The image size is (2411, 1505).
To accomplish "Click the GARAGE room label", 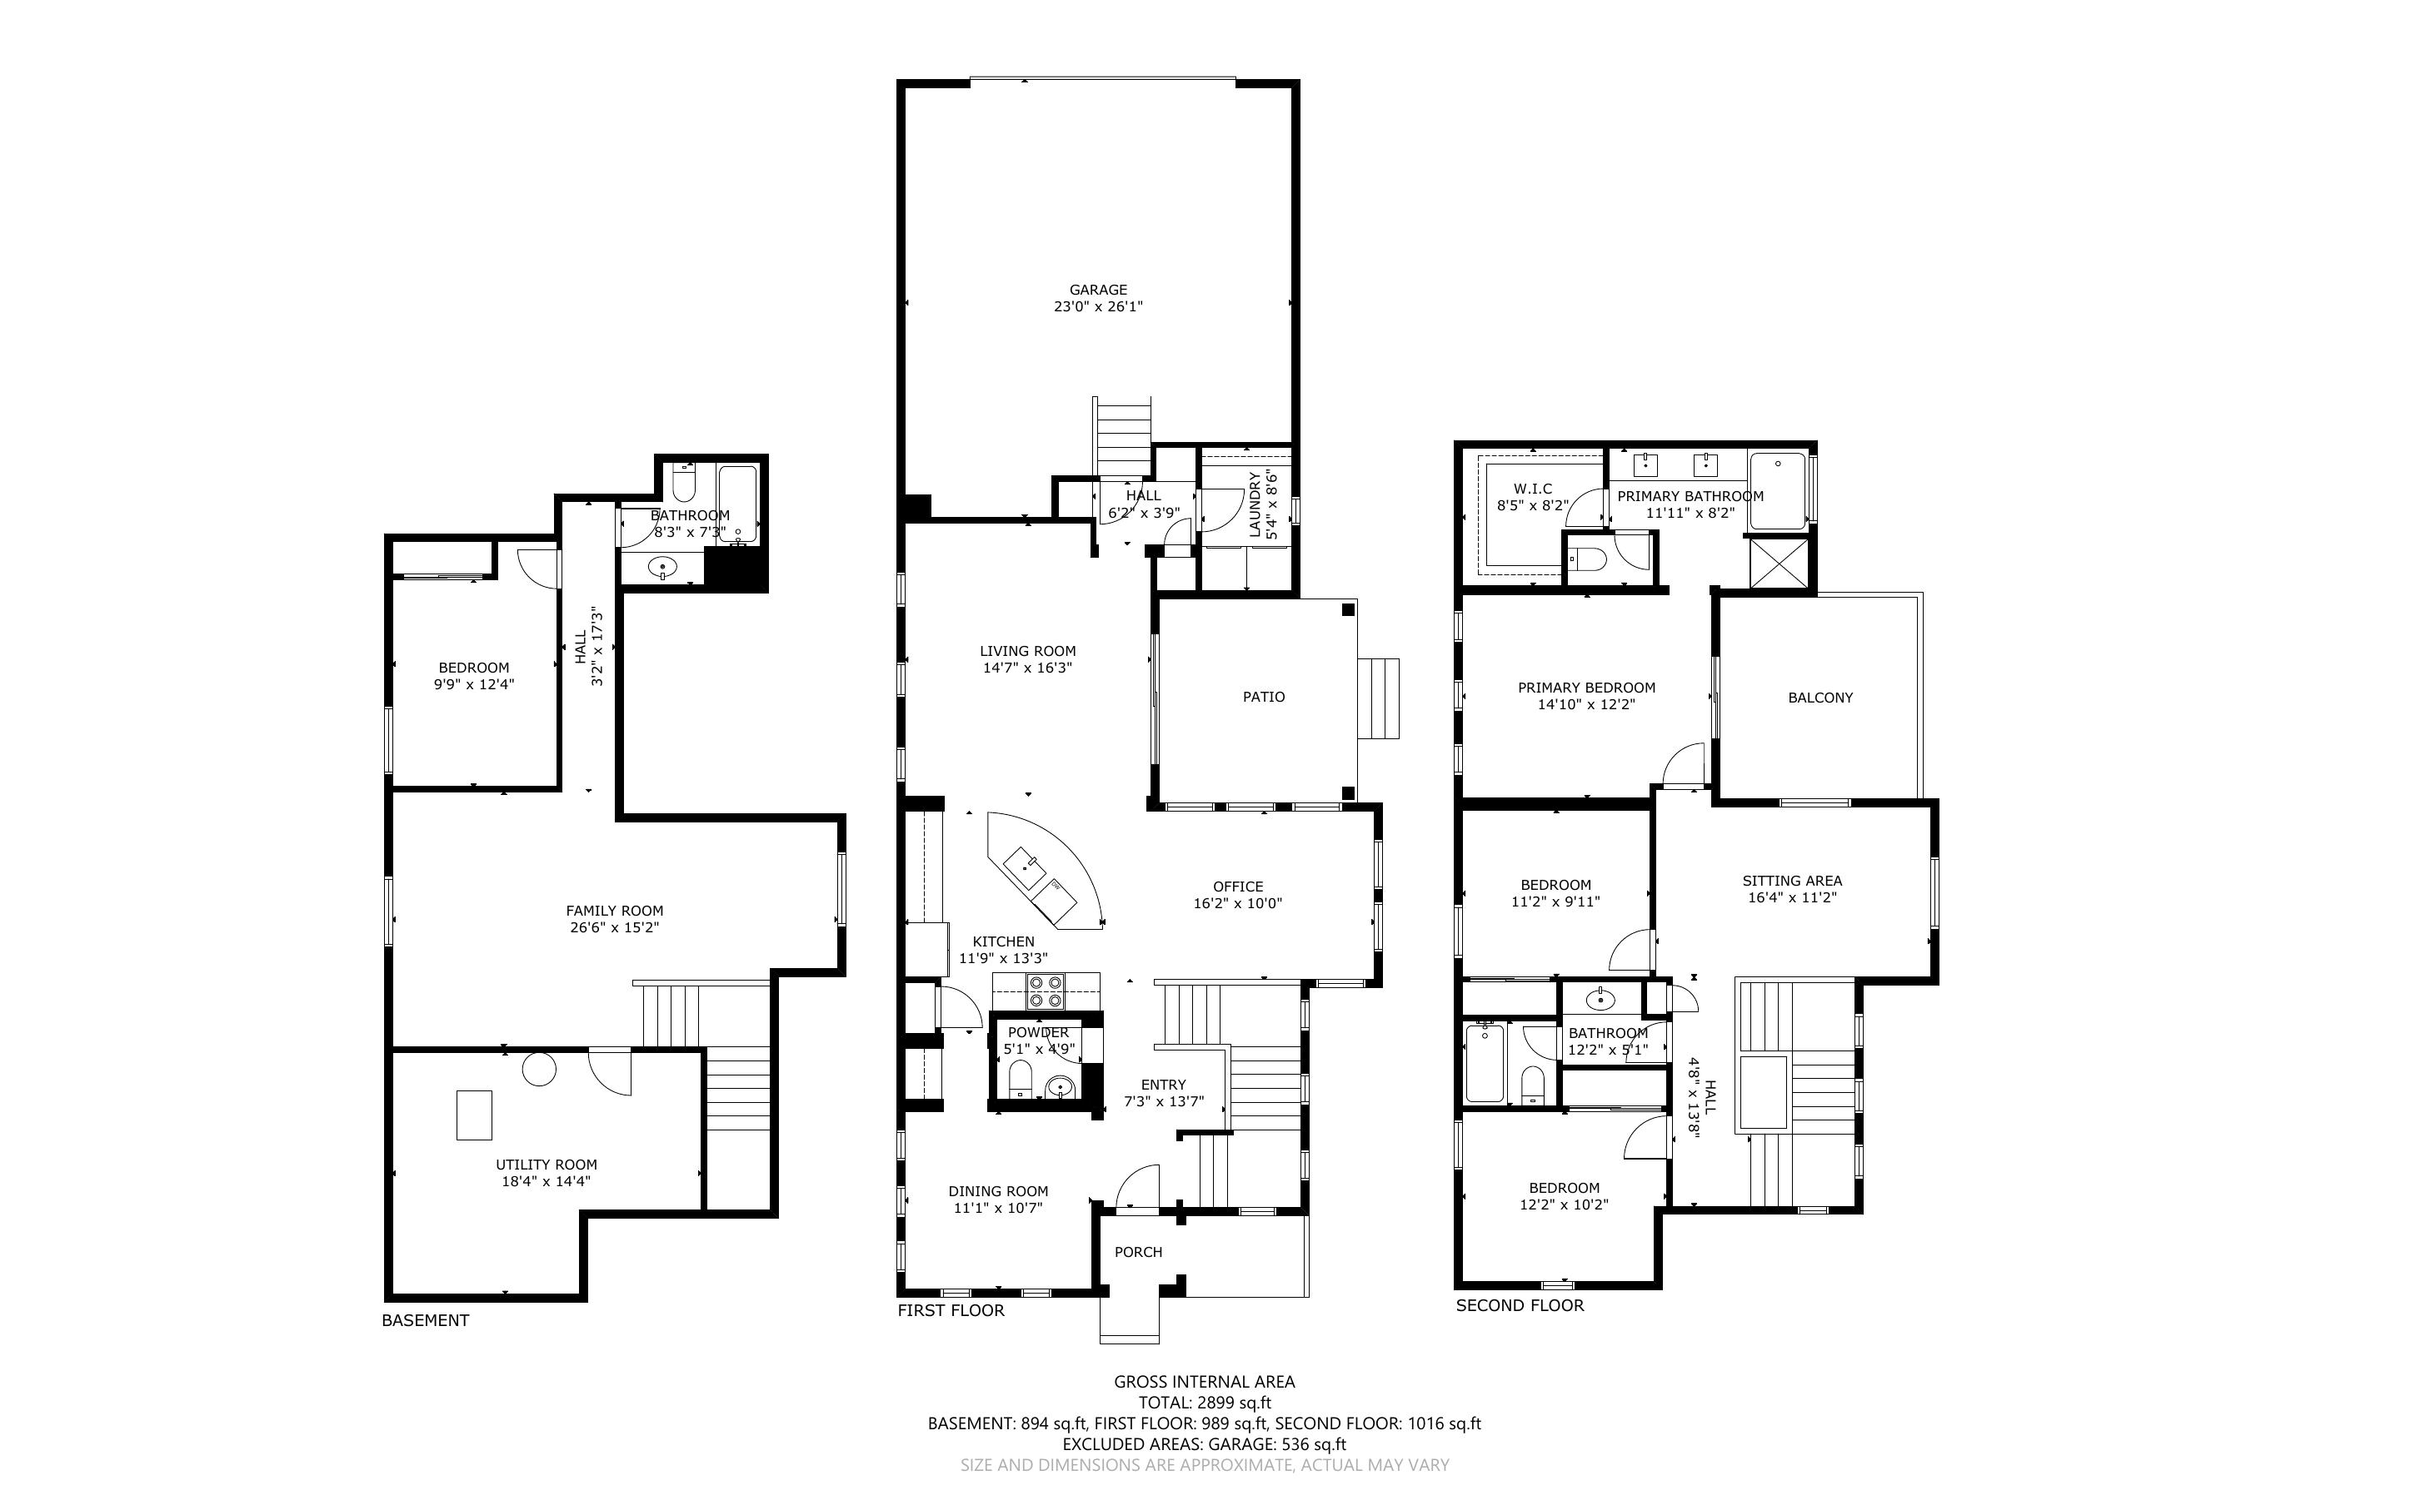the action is [1098, 290].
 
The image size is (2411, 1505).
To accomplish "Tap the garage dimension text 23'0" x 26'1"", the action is [1098, 306].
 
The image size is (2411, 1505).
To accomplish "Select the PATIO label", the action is [1264, 697].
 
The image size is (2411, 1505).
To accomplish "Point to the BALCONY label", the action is [1820, 698].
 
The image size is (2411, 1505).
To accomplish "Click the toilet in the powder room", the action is [1020, 1079].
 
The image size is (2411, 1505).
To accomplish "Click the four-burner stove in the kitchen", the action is [1046, 992].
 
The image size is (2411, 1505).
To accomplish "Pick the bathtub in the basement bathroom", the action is [738, 504].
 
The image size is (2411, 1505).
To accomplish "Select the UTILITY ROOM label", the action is [547, 1165].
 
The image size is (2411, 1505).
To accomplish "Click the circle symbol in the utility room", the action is [540, 1069].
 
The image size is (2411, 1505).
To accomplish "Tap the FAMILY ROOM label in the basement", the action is [615, 911].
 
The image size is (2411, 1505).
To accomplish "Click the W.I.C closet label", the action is [1533, 489].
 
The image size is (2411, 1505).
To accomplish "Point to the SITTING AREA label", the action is [1793, 881].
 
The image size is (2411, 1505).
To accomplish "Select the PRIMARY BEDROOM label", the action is [1586, 688].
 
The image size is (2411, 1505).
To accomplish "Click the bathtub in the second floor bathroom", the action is [1485, 1063].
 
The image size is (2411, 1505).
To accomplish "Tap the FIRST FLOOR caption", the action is [951, 1310].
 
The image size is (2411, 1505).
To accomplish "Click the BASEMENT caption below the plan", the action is [425, 1320].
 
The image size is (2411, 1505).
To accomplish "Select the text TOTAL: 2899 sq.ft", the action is [1205, 1403].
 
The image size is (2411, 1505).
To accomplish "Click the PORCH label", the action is [1138, 1252].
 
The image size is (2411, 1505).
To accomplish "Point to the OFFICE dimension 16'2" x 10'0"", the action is [1238, 904].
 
